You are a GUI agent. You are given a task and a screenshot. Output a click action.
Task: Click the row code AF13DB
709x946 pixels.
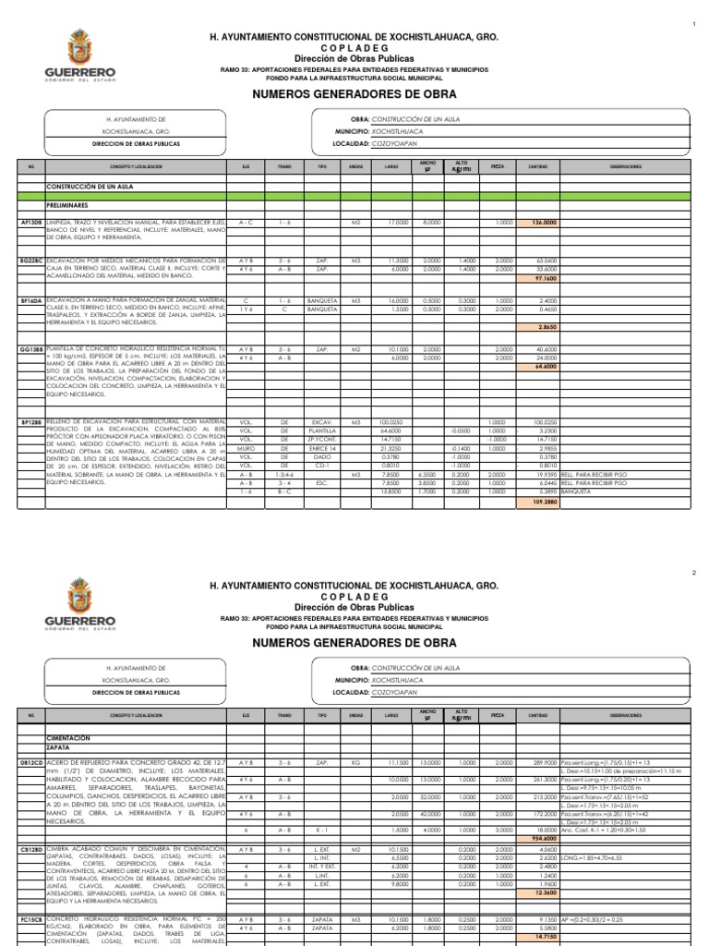point(30,223)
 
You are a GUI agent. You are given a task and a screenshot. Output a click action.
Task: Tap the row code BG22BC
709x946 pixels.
point(30,261)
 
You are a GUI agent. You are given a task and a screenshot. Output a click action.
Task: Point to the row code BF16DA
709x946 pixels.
point(30,300)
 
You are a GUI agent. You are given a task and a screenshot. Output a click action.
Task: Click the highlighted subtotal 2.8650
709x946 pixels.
point(543,328)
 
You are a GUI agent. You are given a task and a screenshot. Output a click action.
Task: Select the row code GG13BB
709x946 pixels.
point(30,350)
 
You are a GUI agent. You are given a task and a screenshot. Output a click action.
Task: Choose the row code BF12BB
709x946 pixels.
point(30,422)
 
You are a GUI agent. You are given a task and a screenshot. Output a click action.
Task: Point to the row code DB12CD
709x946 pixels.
point(30,762)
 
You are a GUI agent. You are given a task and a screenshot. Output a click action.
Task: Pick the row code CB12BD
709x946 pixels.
point(30,849)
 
